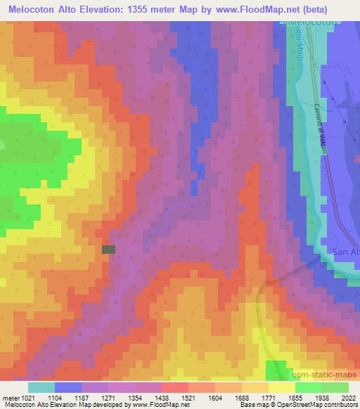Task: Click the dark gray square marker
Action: (x=108, y=249)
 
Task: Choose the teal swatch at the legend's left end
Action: (x=41, y=387)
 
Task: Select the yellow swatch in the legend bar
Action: (x=281, y=387)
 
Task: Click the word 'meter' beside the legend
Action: (x=11, y=398)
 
